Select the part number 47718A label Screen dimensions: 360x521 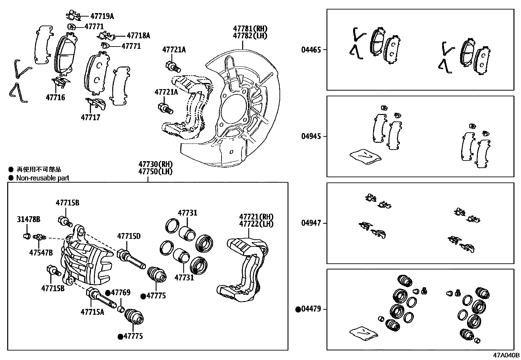click(x=138, y=36)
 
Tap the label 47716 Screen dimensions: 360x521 click(x=55, y=97)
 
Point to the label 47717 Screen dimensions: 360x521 click(x=91, y=117)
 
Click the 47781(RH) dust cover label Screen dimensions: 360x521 click(x=250, y=28)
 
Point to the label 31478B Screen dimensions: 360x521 click(x=28, y=219)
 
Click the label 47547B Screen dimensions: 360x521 click(x=41, y=253)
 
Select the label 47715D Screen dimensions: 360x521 click(x=129, y=236)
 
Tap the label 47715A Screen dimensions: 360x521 click(x=92, y=312)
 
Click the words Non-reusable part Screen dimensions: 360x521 click(x=43, y=178)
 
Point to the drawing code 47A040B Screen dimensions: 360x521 click(x=506, y=355)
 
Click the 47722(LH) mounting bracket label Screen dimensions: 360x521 click(x=256, y=224)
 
